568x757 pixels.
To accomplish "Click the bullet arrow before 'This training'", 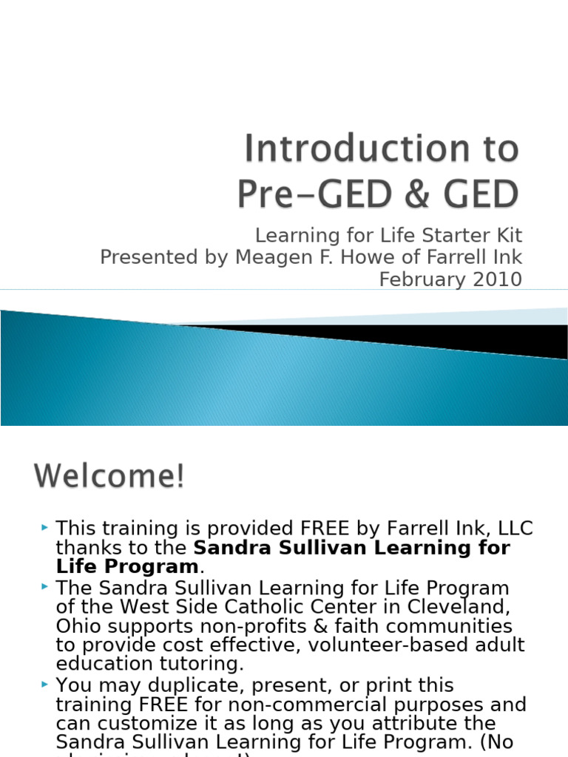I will pos(46,527).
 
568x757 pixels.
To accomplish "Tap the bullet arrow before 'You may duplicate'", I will pos(46,683).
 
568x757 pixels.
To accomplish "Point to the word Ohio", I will pos(78,626).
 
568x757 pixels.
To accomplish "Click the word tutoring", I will pos(200,663).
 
